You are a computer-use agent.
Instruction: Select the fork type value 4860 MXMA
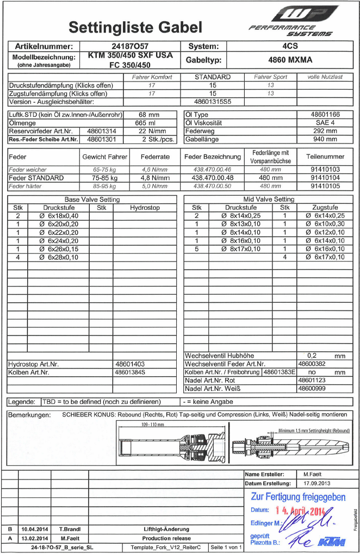point(290,60)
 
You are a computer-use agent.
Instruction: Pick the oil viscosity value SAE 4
point(326,123)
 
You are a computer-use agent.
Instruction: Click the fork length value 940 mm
point(326,139)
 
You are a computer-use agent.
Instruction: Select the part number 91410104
point(325,178)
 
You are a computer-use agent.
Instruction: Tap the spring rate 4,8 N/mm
point(156,178)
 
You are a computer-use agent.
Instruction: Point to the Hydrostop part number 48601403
point(130,364)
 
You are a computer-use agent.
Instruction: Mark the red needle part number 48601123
point(312,380)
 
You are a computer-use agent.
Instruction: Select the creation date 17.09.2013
point(317,483)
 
